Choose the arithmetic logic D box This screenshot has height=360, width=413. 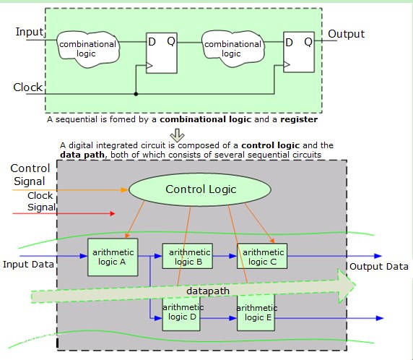[181, 313]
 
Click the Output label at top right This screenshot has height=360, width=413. [347, 34]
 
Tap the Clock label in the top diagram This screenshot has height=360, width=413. [28, 87]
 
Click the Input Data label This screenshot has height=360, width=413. [27, 264]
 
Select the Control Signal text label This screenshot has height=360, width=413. [30, 174]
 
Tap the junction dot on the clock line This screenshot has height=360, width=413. [136, 93]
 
